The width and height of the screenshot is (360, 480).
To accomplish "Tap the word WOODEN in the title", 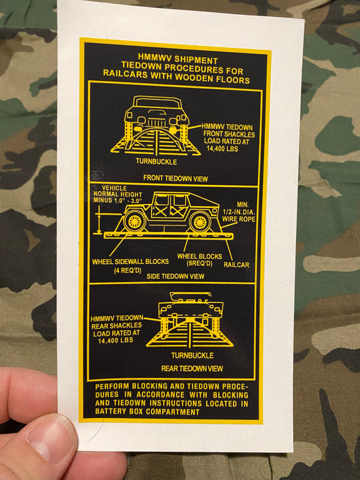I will click(x=191, y=80).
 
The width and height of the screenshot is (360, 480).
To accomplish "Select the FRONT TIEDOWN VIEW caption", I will click(x=176, y=178).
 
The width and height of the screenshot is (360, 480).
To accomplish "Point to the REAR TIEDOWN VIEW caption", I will click(x=192, y=369).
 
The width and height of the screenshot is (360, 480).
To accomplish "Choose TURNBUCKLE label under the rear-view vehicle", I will click(x=192, y=355).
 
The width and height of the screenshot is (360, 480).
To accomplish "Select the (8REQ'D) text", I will click(x=198, y=265).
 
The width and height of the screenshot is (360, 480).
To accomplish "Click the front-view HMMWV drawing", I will click(x=155, y=122).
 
